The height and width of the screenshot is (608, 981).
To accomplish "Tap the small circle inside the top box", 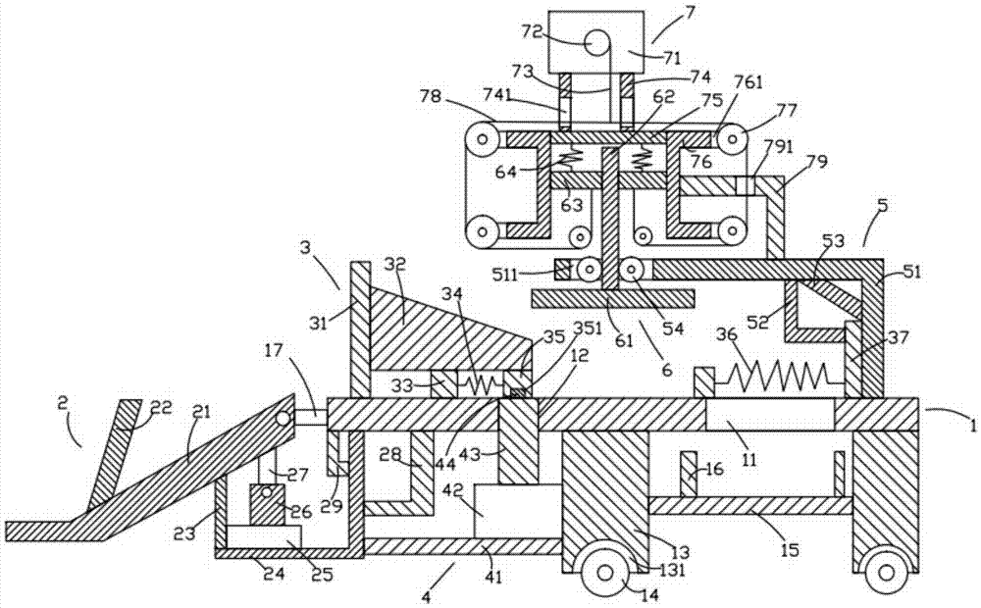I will click(597, 42).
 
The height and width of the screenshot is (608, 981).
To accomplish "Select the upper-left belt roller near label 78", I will click(482, 138).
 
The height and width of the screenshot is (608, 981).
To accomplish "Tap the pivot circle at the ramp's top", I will click(284, 418).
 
